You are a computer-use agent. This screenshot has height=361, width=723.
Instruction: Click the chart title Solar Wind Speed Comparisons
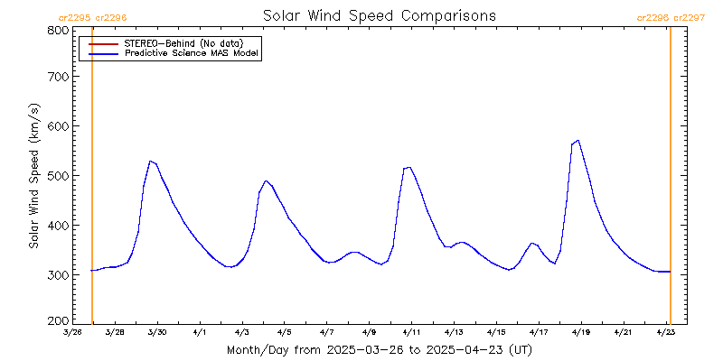[379, 16]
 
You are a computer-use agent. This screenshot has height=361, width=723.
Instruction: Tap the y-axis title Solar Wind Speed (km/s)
[33, 176]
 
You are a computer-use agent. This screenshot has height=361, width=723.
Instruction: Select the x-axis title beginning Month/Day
[379, 349]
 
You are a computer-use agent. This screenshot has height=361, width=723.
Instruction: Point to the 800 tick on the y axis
[58, 30]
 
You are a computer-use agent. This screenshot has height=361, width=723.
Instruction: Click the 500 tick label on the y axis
[58, 175]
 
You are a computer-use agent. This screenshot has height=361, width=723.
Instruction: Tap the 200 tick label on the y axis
[58, 320]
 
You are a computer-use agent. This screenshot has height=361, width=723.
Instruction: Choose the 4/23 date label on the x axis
[665, 333]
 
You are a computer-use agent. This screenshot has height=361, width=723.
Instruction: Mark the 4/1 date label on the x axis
[200, 333]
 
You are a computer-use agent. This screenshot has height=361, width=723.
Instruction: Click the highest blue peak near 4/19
[577, 141]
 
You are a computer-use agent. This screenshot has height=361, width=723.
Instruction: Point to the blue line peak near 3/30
[150, 161]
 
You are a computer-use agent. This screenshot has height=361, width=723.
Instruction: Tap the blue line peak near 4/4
[266, 180]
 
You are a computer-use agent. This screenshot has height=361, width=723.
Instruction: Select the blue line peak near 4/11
[408, 167]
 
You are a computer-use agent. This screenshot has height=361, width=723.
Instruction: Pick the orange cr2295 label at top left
[74, 17]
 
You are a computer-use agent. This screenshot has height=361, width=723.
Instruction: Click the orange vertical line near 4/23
[670, 180]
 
